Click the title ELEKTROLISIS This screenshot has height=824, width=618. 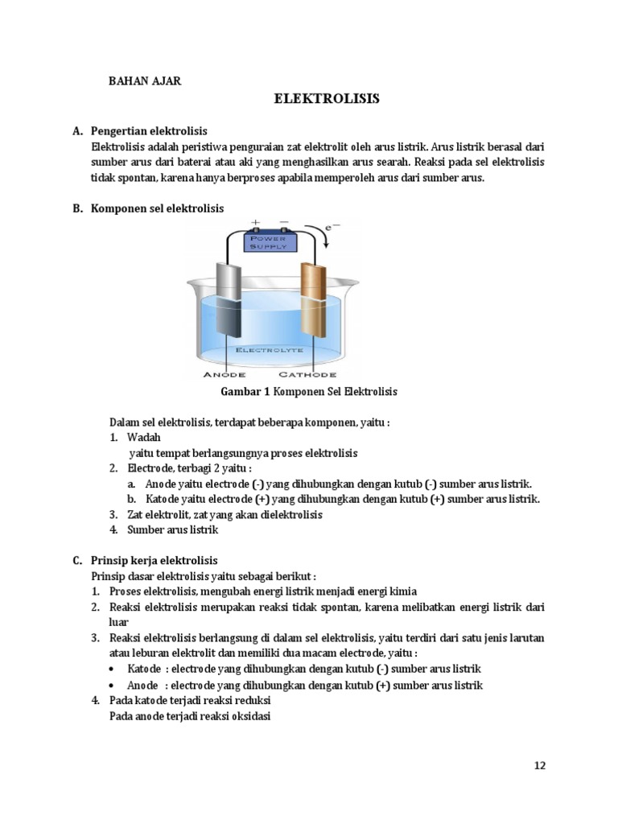[x=326, y=100]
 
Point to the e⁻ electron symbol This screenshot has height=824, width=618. [x=330, y=229]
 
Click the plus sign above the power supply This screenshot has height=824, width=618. [x=256, y=221]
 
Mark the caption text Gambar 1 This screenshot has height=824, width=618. [x=245, y=391]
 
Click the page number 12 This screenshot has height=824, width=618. [x=539, y=765]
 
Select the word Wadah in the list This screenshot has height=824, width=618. [x=145, y=438]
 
